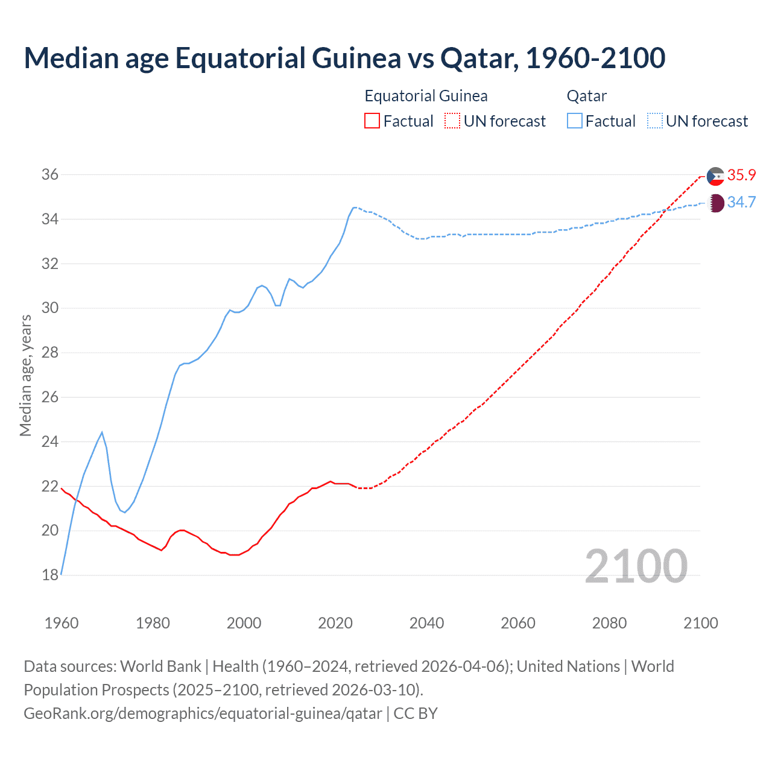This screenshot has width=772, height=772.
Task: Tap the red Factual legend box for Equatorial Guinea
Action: tap(372, 121)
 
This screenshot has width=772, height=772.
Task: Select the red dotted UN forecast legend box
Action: tap(452, 121)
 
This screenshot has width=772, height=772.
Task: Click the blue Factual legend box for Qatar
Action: tap(575, 121)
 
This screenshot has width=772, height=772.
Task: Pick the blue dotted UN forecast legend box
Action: tap(654, 121)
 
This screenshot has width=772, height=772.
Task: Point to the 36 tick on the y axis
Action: tap(50, 175)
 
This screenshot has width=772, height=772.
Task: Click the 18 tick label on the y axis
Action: tap(50, 575)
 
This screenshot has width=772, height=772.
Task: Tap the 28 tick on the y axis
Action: tap(50, 353)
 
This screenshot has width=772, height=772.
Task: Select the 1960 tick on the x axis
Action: tap(62, 623)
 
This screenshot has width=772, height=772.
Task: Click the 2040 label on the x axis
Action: tap(426, 623)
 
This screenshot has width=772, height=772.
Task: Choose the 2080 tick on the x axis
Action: tap(609, 623)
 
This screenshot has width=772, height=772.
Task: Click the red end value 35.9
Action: tap(741, 176)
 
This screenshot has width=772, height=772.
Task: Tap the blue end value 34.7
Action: tap(741, 203)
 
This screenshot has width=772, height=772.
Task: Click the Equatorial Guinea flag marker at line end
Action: tap(715, 176)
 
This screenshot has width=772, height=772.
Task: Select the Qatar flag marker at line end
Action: tap(715, 203)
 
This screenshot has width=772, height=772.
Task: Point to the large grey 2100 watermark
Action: tap(636, 566)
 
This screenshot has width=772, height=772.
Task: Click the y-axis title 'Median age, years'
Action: tap(25, 375)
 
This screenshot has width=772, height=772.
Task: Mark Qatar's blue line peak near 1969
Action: tap(102, 432)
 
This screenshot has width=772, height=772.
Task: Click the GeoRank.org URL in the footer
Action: tap(203, 713)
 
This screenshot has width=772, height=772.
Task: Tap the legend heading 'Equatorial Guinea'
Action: tap(426, 96)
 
